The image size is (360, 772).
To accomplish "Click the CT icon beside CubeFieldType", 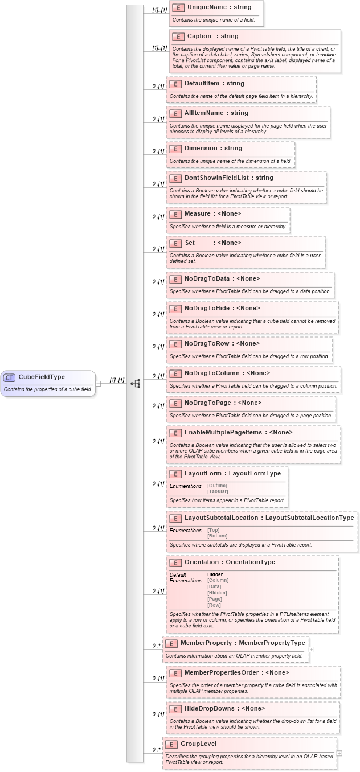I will [x=9, y=377].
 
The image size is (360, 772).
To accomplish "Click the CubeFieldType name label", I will [x=42, y=377].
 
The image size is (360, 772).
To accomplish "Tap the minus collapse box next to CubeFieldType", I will [x=98, y=383].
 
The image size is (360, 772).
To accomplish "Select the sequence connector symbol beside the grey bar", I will [x=136, y=383].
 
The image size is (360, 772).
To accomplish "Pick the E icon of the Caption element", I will [x=178, y=36].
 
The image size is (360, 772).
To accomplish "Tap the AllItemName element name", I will [x=204, y=113].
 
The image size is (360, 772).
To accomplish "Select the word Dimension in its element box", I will [x=201, y=148].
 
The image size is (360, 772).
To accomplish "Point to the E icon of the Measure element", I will [x=175, y=214].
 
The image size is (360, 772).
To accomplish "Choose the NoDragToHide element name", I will [x=207, y=308].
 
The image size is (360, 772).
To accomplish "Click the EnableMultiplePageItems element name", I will [x=223, y=432].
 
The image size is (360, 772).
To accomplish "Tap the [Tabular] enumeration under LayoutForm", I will [x=217, y=491].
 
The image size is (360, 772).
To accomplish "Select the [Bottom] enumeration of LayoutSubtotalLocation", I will [x=217, y=536].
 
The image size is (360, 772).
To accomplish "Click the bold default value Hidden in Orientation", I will [x=215, y=574].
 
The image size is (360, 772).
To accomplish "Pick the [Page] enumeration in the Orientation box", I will [x=215, y=599].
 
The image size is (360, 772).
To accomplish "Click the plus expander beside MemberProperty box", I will [x=312, y=649].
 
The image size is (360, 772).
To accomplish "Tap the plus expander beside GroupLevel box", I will [x=339, y=753].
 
